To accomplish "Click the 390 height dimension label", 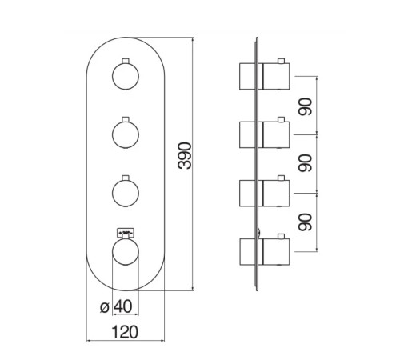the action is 185,156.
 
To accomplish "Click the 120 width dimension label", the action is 125,332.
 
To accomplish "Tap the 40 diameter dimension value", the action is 123,306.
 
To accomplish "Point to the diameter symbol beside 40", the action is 105,307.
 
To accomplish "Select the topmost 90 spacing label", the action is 306,106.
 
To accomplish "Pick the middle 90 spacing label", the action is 306,163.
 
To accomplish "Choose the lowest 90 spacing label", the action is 306,222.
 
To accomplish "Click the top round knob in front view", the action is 126,77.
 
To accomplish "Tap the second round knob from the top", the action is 126,134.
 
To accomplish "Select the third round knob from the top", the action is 126,193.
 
